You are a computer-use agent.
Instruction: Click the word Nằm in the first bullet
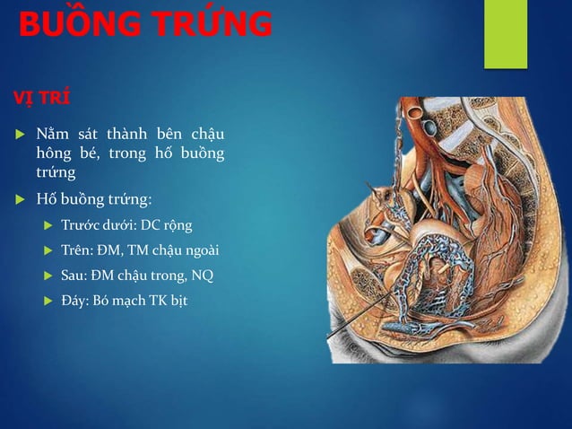click(x=52, y=135)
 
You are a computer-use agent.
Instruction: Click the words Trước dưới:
click(x=98, y=223)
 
